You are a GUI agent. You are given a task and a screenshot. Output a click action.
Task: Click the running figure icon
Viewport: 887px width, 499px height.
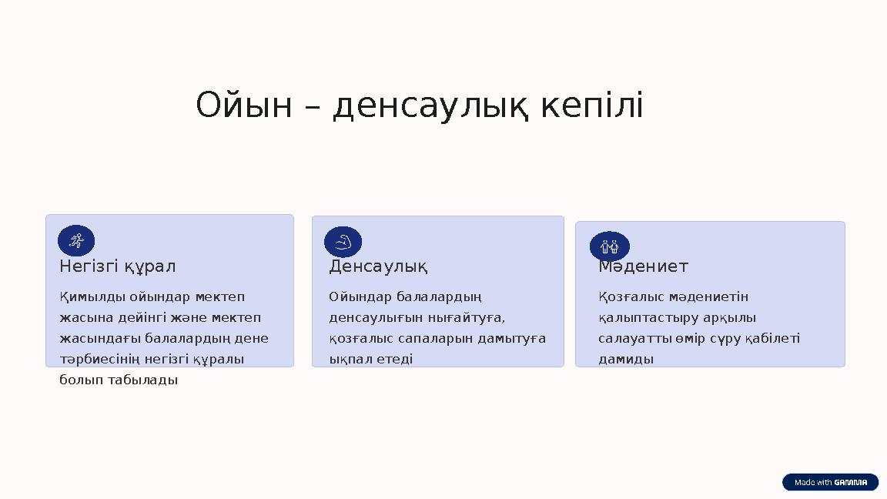(76, 241)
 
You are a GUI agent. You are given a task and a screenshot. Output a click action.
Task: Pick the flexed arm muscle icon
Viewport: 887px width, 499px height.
(343, 242)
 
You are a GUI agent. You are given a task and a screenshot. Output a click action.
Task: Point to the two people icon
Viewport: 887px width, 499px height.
(610, 246)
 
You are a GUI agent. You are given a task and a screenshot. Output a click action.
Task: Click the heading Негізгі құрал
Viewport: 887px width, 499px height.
(118, 266)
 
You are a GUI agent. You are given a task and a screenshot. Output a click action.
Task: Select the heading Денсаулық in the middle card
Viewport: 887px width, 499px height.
(379, 266)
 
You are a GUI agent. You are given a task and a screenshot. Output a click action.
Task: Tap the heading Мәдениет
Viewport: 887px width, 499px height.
(644, 266)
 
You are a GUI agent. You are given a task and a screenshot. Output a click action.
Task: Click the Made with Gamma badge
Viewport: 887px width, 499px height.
(830, 482)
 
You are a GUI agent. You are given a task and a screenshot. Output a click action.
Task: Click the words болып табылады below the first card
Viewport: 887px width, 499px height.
(119, 380)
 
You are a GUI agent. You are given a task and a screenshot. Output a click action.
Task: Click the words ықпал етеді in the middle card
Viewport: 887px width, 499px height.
(371, 359)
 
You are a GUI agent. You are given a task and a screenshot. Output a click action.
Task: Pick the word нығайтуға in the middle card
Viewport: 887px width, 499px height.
(474, 317)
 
